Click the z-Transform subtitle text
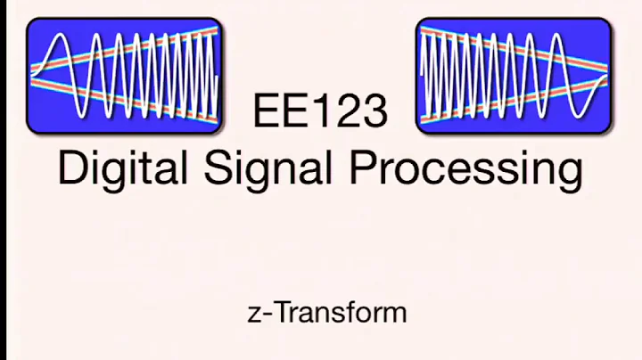tap(326, 313)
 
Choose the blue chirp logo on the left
tap(124, 77)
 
